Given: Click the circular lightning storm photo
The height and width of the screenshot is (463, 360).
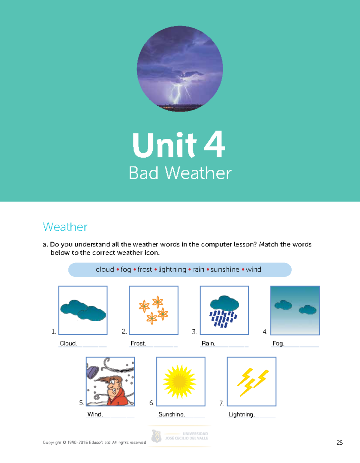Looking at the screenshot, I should coord(180,69).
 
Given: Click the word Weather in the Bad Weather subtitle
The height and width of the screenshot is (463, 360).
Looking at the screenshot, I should coord(198,173).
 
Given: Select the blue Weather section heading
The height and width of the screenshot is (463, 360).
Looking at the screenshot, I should coord(65,227).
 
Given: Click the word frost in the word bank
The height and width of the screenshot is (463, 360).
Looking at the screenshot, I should coord(145,269).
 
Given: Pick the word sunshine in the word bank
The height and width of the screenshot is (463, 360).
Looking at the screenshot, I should coord(225,269).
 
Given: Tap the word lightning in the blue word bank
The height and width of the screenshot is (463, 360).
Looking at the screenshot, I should coord(172,269).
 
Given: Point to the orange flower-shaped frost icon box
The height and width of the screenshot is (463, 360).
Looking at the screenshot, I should coord(154,310).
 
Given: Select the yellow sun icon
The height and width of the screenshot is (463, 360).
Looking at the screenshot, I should coord(179,381).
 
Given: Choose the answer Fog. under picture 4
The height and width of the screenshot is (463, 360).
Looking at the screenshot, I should coord(278,343).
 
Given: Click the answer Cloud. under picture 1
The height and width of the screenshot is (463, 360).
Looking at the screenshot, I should coord(68,343).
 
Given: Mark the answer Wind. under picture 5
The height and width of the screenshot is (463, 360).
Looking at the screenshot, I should coord(95,414).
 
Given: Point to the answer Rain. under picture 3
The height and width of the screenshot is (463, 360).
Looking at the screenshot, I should coord(208,343).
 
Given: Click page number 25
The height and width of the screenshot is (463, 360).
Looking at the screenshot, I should coord(340,443).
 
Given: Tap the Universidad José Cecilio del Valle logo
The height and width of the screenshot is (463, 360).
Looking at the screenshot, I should coord(179,436).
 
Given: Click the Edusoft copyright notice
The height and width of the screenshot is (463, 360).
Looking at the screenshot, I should coord(94,442).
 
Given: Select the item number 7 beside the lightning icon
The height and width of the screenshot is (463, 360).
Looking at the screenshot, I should coord(221,403).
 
